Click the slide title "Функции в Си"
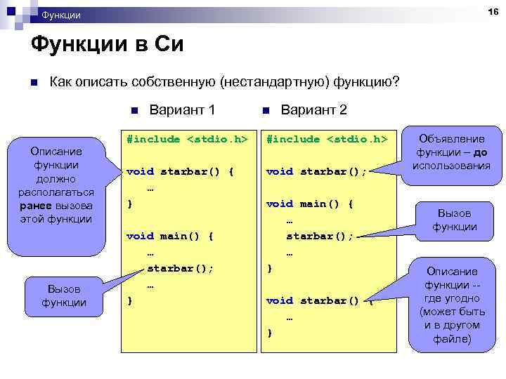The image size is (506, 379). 107,46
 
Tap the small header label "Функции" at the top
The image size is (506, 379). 61,15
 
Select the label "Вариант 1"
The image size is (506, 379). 182,110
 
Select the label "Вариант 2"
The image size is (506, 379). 313,110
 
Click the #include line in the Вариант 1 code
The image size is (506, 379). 187,139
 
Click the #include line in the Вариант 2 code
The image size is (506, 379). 327,139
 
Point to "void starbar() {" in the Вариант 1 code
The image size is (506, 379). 180,171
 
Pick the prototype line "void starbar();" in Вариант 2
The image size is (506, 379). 316,171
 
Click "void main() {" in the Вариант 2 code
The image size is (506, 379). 309,204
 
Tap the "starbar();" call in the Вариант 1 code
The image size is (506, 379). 180,268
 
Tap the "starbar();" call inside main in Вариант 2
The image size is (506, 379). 320,236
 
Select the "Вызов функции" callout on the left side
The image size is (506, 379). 64,295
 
